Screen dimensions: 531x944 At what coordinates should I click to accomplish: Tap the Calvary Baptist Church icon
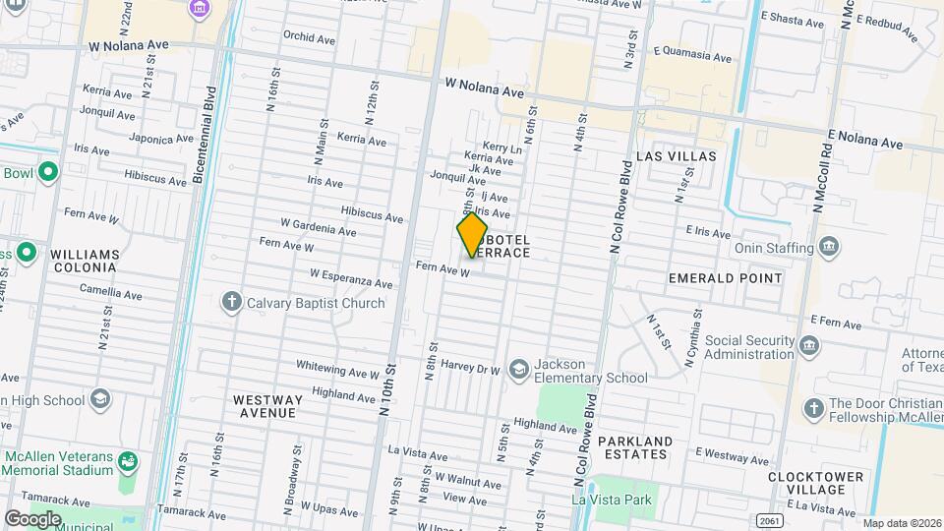(x=231, y=302)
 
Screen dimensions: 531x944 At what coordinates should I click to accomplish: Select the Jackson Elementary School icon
(x=518, y=370)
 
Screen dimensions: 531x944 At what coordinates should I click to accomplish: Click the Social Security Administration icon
(x=809, y=345)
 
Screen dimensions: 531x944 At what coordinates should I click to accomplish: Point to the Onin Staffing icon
(x=828, y=246)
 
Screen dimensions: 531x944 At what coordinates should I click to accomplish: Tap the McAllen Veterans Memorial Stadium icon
(x=128, y=460)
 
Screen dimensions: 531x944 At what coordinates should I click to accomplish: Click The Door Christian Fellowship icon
(x=813, y=408)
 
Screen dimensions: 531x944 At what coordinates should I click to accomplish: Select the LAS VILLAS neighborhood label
(x=677, y=156)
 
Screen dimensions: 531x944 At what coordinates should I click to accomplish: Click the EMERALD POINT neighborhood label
(x=725, y=278)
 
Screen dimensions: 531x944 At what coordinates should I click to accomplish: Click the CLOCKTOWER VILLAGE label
(x=817, y=483)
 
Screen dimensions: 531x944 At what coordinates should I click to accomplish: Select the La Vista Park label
(x=613, y=500)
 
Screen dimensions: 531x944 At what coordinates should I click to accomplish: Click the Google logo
(x=31, y=518)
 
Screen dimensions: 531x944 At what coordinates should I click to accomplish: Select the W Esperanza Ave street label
(x=351, y=278)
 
